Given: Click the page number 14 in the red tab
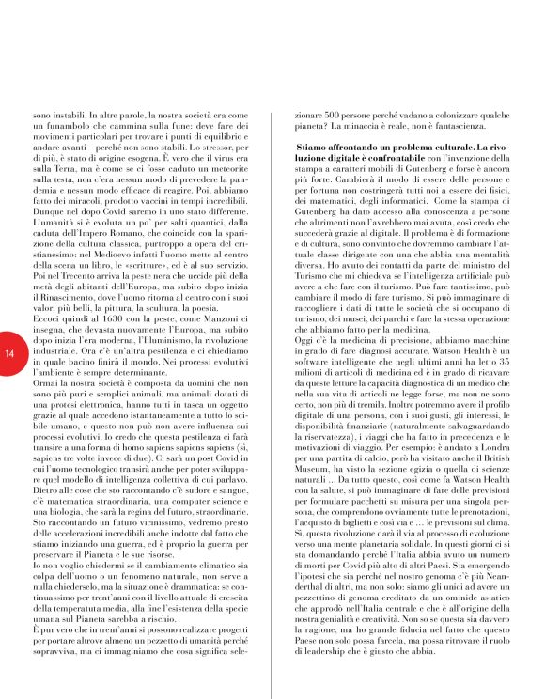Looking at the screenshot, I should tap(9, 353).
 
